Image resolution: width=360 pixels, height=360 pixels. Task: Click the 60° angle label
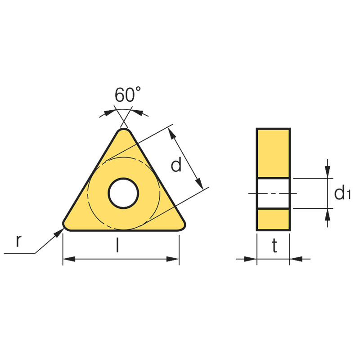(128, 94)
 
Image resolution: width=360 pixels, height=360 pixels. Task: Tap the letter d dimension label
(176, 164)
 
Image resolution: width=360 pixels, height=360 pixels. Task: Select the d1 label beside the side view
(342, 193)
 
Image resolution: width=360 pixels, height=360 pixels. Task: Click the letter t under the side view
(274, 245)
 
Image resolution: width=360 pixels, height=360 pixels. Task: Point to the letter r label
(18, 241)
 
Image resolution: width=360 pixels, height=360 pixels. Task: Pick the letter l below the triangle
(117, 245)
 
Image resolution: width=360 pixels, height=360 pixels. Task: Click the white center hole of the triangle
(123, 193)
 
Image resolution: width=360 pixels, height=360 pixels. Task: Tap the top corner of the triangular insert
(124, 129)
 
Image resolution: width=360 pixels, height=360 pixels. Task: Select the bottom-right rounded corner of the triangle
(183, 227)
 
